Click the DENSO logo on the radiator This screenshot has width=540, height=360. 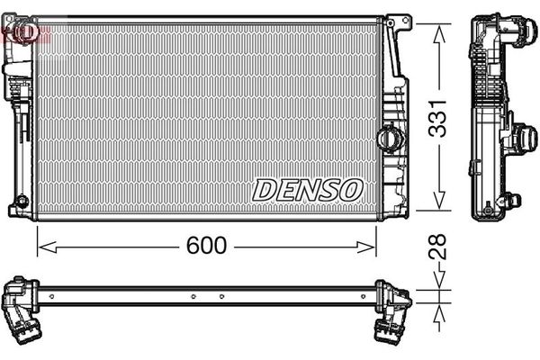point(308,189)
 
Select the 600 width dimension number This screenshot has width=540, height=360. point(206,245)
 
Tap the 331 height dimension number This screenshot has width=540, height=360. point(438,116)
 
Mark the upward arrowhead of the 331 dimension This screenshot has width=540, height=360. point(438,31)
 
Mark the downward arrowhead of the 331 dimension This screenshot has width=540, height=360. point(438,204)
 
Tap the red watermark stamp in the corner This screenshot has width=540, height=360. point(20,32)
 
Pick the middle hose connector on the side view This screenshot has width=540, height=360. point(519,139)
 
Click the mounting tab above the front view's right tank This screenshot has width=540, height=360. point(396,20)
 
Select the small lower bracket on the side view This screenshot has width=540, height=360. point(509,201)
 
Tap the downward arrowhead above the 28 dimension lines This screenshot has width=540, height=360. point(438,283)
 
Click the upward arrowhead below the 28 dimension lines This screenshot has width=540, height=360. point(438,310)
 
